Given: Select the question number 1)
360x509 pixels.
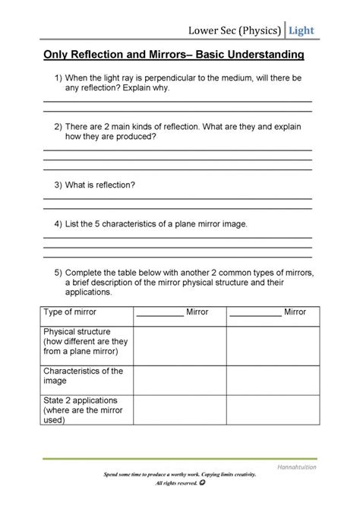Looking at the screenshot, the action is (x=58, y=79).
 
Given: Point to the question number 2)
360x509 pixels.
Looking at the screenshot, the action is (x=58, y=127).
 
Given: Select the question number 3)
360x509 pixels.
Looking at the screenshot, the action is (x=58, y=185).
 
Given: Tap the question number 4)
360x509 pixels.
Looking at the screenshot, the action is (x=58, y=224).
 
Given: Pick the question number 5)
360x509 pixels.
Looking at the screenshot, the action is (x=58, y=272).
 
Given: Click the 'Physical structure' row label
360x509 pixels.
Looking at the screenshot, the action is (x=77, y=332).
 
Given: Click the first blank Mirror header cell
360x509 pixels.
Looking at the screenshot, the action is (x=179, y=311).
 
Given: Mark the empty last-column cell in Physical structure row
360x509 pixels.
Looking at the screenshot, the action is (x=270, y=343).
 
